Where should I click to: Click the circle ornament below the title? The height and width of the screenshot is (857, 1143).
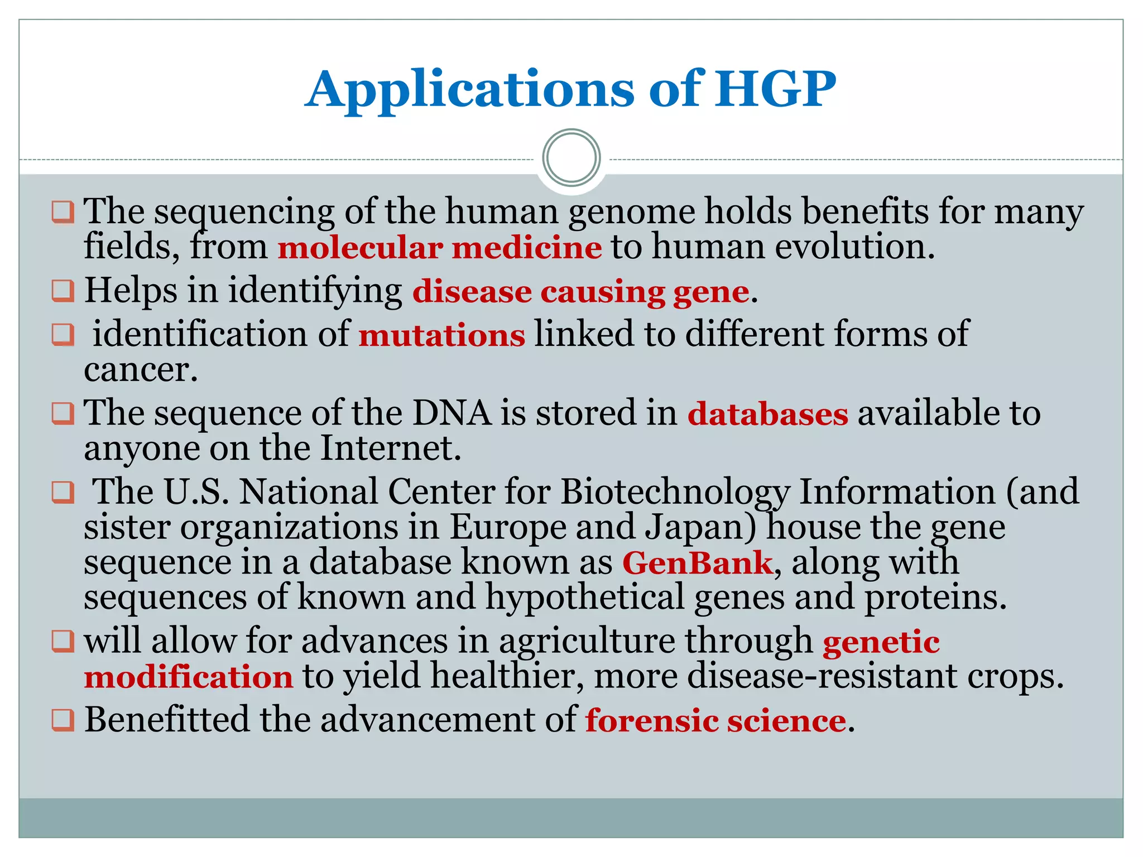[571, 158]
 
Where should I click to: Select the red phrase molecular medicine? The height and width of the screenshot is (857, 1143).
[440, 247]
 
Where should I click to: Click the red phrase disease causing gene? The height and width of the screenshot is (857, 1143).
[580, 292]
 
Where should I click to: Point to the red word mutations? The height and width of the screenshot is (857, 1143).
[441, 335]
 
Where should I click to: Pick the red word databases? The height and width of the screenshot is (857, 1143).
[767, 414]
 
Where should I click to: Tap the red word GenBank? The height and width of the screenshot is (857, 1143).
[698, 562]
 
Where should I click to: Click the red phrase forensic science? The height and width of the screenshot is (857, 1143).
[715, 720]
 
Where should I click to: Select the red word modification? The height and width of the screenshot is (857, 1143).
[189, 677]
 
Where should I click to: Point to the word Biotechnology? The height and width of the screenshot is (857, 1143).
[675, 492]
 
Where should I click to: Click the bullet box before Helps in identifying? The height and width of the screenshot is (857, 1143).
[63, 291]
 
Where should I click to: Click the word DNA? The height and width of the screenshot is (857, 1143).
[452, 413]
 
